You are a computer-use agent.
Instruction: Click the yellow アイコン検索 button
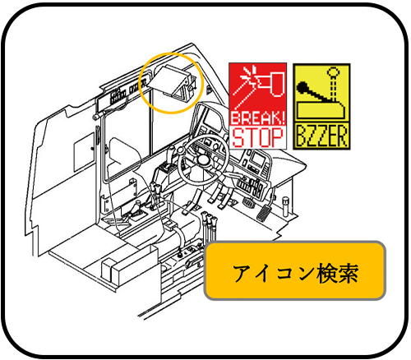click(x=295, y=270)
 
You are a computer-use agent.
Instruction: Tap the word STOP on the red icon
click(x=257, y=137)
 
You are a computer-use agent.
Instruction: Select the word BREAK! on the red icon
click(x=257, y=118)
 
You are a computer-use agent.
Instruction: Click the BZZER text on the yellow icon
click(x=321, y=136)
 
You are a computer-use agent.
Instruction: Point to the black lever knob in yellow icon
click(x=302, y=88)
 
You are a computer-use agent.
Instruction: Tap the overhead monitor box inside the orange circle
click(x=172, y=81)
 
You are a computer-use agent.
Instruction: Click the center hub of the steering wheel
click(x=203, y=159)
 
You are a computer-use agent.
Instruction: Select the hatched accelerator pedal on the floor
click(x=263, y=213)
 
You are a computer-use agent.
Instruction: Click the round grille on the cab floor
click(x=248, y=202)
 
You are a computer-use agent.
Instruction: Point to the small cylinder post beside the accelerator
click(x=285, y=206)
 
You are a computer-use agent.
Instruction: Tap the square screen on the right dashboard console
click(x=257, y=159)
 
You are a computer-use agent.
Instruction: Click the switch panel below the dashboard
click(x=251, y=187)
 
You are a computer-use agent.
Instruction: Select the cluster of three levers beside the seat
click(x=209, y=224)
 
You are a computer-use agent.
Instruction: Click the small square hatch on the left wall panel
click(x=84, y=151)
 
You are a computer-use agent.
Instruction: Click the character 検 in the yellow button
click(x=326, y=274)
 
